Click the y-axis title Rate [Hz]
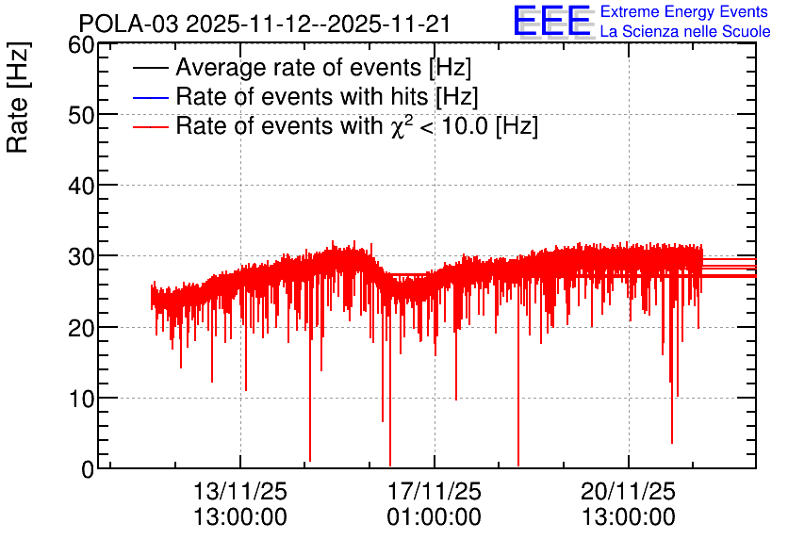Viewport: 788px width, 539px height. pos(18,97)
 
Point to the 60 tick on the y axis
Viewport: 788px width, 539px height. pos(81,45)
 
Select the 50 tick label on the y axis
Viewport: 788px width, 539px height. pos(81,116)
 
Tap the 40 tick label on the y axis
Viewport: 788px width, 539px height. pos(81,187)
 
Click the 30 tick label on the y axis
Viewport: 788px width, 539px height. pos(81,257)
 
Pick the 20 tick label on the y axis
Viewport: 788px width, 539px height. pos(81,328)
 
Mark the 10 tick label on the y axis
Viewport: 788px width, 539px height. pos(81,399)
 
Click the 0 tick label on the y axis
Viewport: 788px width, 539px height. pos(88,469)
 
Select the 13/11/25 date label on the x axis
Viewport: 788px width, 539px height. pos(240,491)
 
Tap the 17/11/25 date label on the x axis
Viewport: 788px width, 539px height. pos(435,491)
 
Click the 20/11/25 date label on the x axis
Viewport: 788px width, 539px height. pos(628,491)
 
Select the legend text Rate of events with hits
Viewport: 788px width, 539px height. pos(327,97)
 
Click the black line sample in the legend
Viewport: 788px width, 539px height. pos(151,68)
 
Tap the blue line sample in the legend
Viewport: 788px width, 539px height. pos(151,97)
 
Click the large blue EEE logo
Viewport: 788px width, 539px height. pos(551,21)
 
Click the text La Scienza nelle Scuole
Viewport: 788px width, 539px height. pos(685,32)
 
